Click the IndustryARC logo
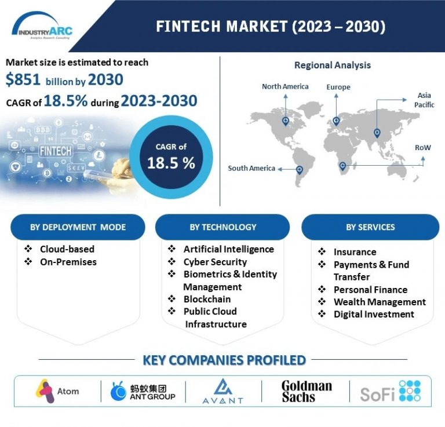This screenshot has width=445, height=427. pos(42,27)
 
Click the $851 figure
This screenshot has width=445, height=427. pos(23,79)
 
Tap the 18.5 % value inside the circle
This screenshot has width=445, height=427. pos(170,163)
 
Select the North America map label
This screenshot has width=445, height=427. pos(285,86)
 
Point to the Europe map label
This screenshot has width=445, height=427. pos(338,87)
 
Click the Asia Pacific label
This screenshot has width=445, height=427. pos(424,100)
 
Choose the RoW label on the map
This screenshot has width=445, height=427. pos(422,148)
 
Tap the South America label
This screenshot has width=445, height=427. pos(251,168)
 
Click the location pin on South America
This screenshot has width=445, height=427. pos(299,169)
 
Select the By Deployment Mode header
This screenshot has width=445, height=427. pos(78,227)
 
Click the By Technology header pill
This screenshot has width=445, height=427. pos(222,227)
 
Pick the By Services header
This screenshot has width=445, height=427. pos(370,227)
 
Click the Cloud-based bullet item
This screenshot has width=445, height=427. pos(67,249)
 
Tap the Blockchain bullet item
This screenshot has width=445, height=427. pos(207,299)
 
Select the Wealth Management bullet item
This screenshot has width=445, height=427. pos(380,302)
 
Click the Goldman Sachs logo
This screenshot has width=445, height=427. pos(307,392)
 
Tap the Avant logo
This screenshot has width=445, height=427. pos(223,392)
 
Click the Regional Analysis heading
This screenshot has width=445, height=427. pos(332,65)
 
